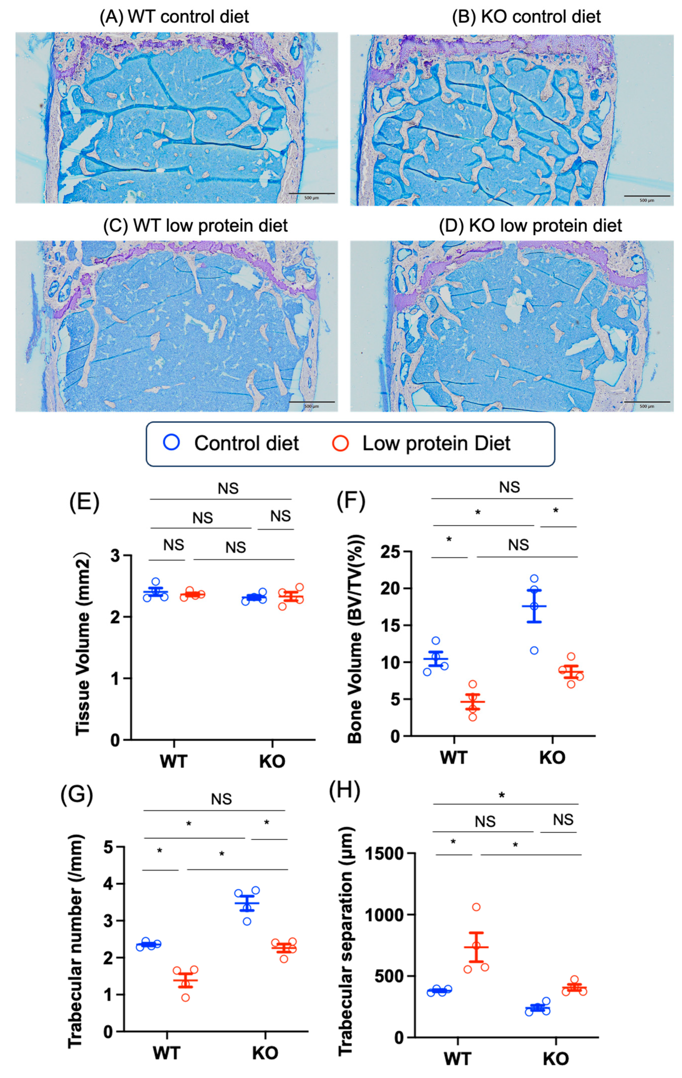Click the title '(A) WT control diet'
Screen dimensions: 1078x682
174,17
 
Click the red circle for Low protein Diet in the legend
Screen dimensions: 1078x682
340,443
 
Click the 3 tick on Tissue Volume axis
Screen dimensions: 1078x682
115,556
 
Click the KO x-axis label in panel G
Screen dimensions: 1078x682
265,1053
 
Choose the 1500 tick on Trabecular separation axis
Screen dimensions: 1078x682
385,854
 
